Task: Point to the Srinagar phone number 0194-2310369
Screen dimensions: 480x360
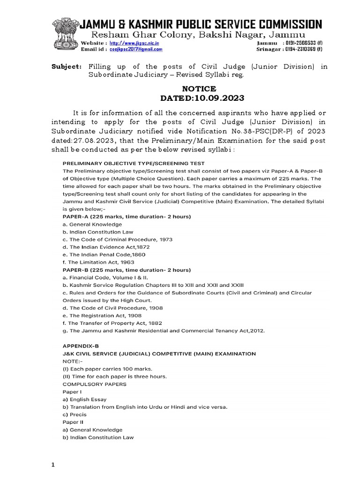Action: tap(307, 48)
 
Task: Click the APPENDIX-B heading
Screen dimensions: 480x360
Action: tap(81, 345)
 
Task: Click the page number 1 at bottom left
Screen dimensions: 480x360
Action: tap(53, 465)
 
